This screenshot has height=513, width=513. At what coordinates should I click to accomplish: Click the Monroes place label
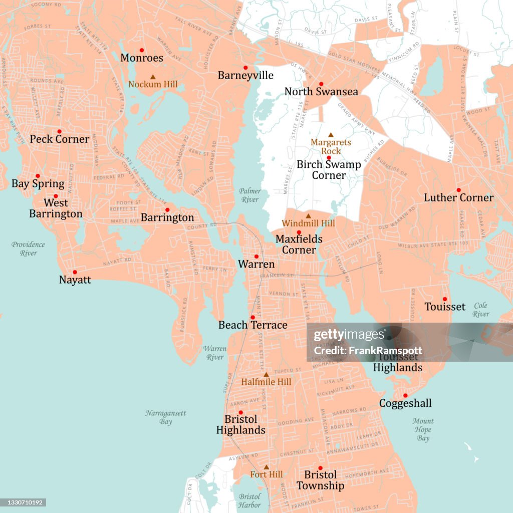click(x=142, y=58)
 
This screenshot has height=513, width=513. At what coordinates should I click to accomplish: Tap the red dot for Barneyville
click(x=245, y=68)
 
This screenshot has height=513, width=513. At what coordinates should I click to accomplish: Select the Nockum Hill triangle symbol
click(x=153, y=77)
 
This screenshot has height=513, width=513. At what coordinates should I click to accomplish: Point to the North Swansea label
click(x=321, y=92)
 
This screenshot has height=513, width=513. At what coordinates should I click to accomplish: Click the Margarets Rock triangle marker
click(x=331, y=135)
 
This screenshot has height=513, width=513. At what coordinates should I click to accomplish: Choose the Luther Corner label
click(x=458, y=198)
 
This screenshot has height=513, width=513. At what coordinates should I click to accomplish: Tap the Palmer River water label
click(x=249, y=195)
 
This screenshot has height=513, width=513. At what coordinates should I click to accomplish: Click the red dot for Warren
click(x=256, y=256)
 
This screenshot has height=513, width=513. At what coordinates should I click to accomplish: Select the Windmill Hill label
click(x=308, y=223)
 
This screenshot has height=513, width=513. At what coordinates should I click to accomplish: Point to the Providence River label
click(x=29, y=249)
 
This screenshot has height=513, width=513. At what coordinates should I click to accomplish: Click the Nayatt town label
click(x=75, y=280)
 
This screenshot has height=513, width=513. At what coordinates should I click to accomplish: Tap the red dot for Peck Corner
click(x=59, y=131)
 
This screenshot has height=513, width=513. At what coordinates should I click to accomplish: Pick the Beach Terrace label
click(x=252, y=325)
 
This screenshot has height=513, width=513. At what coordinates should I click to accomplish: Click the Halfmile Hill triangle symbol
click(x=266, y=374)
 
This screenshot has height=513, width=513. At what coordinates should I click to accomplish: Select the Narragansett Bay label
click(x=166, y=417)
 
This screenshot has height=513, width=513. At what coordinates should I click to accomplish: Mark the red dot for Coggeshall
click(x=405, y=395)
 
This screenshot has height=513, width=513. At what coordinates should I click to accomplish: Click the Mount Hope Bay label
click(x=423, y=430)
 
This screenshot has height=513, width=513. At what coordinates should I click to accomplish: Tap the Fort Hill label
click(x=267, y=474)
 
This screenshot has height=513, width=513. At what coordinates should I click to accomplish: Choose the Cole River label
click(x=481, y=310)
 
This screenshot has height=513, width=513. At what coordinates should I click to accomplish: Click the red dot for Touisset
click(x=444, y=299)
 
